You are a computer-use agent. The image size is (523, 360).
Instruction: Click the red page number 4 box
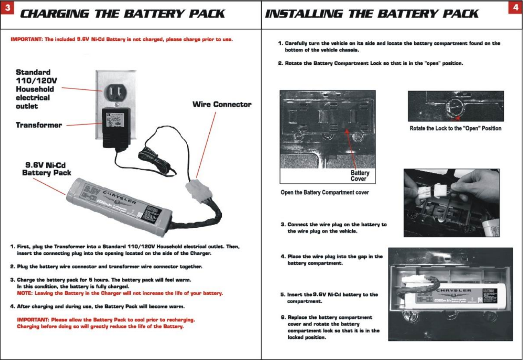click(x=515, y=7)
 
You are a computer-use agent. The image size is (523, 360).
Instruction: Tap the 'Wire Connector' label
click(x=222, y=105)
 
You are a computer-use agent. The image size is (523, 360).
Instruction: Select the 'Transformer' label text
click(x=39, y=125)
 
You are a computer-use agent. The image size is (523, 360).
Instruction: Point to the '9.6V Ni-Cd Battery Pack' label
click(x=46, y=169)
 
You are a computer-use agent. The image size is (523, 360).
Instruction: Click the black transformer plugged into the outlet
click(x=116, y=127)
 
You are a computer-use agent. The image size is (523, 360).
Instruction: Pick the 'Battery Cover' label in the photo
click(x=360, y=176)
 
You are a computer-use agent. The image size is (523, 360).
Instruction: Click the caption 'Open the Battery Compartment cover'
click(x=324, y=192)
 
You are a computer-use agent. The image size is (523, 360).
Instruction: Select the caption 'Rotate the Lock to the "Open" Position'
click(x=455, y=128)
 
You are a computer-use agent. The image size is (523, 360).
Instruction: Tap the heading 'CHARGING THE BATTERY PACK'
click(x=122, y=14)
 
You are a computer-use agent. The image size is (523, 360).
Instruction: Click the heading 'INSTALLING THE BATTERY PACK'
click(x=371, y=14)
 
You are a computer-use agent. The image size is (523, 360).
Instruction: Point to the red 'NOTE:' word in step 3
click(x=25, y=293)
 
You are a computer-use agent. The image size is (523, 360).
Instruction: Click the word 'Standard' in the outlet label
click(x=33, y=72)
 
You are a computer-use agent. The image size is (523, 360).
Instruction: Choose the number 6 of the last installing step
click(x=283, y=317)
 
